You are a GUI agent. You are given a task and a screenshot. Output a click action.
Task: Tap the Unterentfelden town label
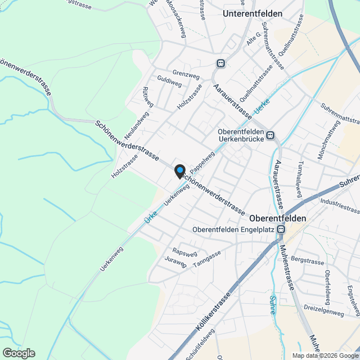pos(252,12)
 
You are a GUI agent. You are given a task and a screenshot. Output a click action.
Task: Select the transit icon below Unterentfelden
pos(221,64)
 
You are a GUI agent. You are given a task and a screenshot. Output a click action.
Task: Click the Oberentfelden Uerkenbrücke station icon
pos(271,135)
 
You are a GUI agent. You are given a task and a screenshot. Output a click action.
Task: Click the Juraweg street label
pos(176,262)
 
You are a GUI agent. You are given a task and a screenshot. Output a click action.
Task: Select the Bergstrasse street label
pos(308,262)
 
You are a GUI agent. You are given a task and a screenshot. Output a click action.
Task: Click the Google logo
pos(19,353)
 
